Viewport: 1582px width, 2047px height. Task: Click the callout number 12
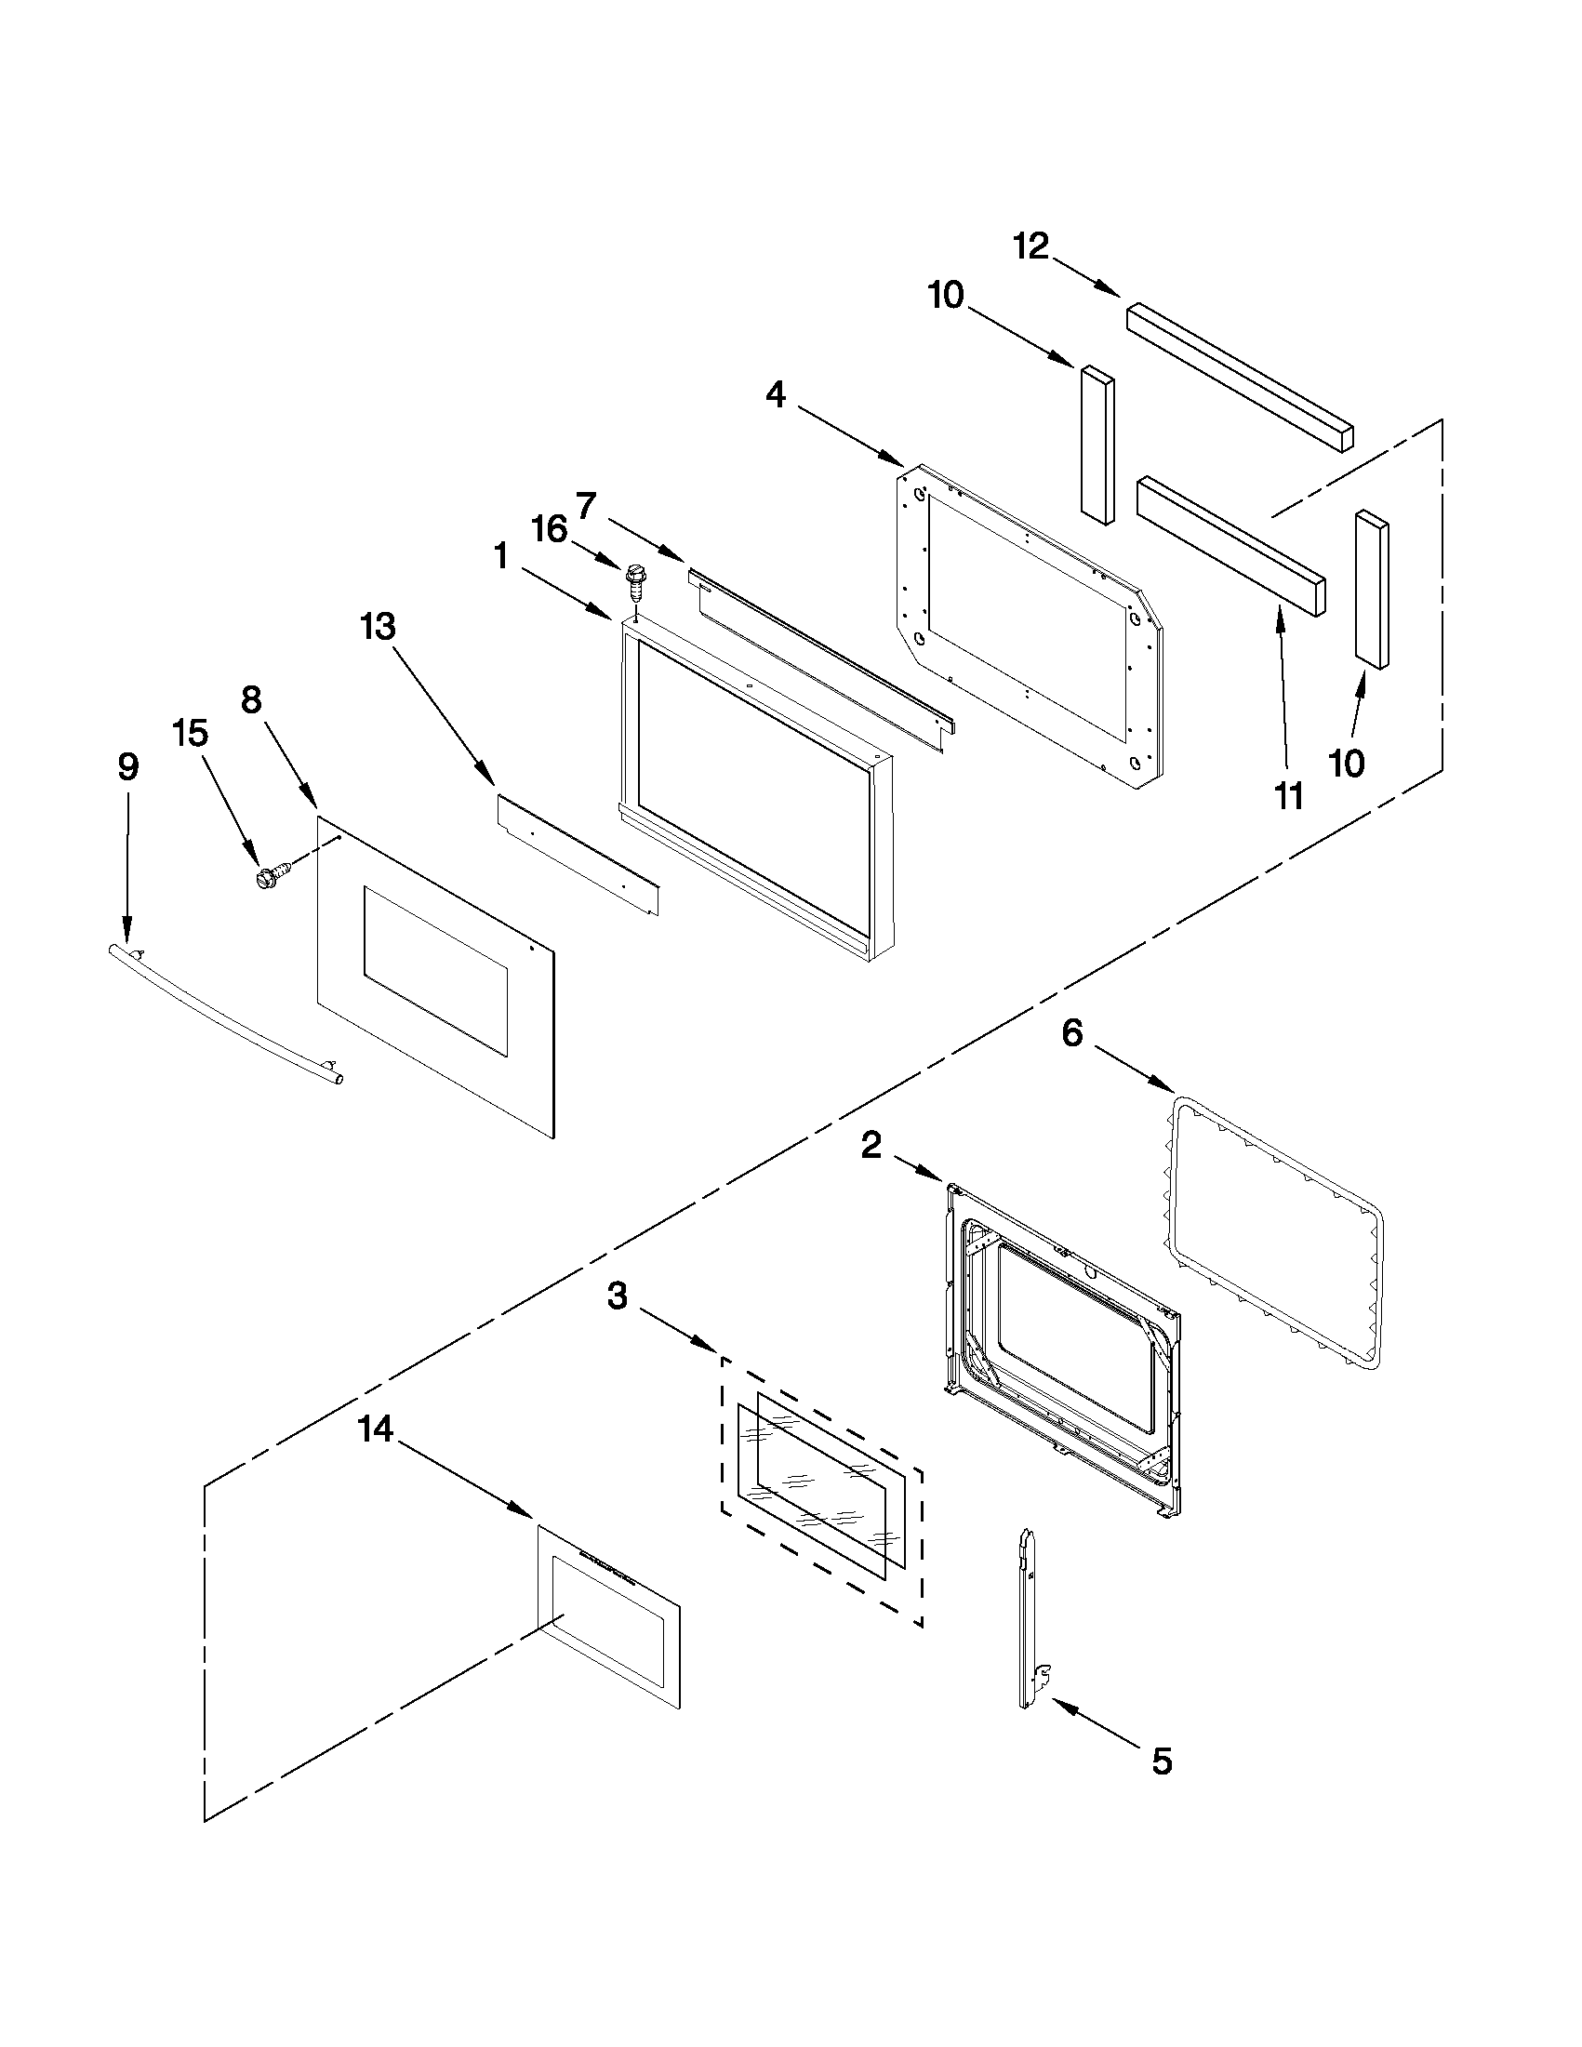click(x=1030, y=246)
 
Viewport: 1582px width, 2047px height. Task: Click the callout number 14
click(x=375, y=1430)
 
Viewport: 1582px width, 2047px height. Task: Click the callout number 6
click(x=1072, y=1033)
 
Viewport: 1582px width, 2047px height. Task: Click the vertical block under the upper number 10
click(x=1097, y=445)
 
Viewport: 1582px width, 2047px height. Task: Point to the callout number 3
click(x=617, y=1297)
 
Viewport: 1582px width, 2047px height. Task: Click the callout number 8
click(x=251, y=699)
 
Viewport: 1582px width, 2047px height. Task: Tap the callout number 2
click(x=871, y=1145)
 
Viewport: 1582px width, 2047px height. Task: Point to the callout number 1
click(x=500, y=557)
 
